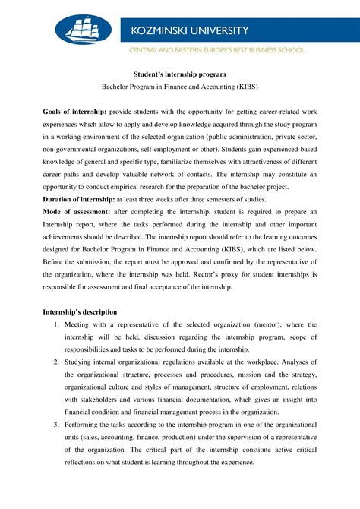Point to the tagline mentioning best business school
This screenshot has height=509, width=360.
217,50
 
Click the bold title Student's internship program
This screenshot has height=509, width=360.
179,75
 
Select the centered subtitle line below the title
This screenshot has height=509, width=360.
179,88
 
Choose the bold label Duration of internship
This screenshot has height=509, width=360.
81,198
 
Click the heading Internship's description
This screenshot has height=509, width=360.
80,311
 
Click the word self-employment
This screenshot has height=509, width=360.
179,149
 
